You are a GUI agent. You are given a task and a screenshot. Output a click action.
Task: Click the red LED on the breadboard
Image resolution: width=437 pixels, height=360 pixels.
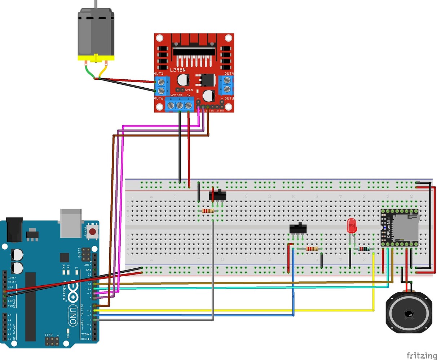[351, 226]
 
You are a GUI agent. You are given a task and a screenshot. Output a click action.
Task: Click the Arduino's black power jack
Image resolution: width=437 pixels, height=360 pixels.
[14, 229]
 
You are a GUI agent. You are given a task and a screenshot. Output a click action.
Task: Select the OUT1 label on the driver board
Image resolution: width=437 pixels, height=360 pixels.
[159, 73]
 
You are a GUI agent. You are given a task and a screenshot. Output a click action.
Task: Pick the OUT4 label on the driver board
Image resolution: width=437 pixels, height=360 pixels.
[229, 73]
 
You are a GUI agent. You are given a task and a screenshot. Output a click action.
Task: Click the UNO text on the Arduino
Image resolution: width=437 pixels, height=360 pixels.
[74, 315]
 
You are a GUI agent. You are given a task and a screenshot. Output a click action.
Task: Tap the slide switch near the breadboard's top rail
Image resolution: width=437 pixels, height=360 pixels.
[217, 196]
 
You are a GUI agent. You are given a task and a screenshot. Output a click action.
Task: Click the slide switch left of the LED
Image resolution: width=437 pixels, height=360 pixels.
[298, 229]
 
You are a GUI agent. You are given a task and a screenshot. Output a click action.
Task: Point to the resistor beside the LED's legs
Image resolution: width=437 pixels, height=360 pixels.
[363, 249]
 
